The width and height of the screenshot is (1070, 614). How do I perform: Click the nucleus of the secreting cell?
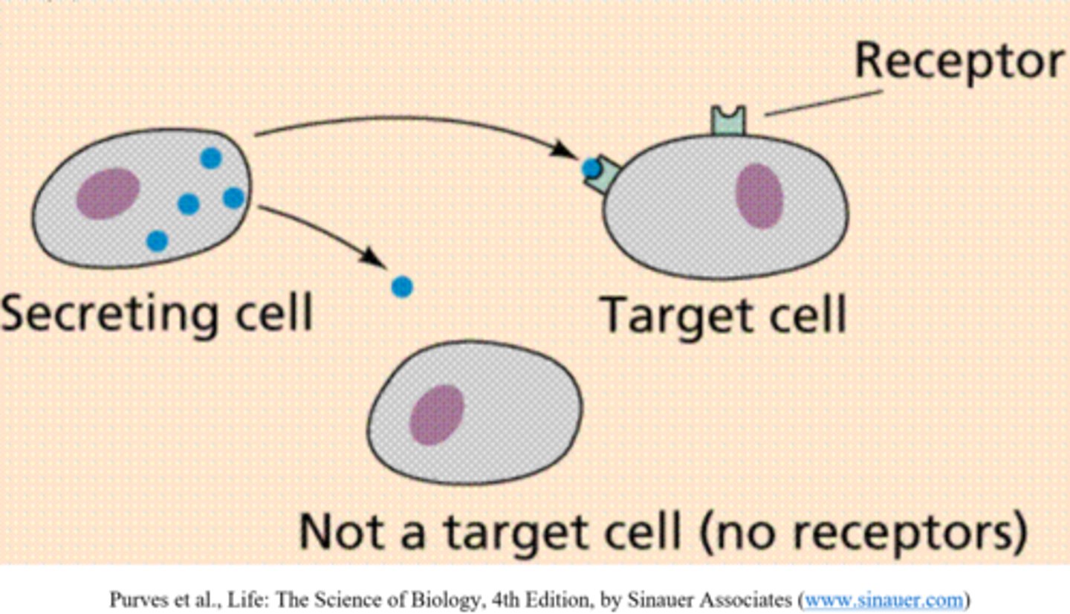click(x=108, y=193)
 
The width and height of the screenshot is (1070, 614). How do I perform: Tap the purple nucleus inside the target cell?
click(x=759, y=195)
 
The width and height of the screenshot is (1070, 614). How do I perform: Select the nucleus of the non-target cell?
click(x=437, y=415)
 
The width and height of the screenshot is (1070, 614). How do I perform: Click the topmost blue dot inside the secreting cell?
click(x=211, y=158)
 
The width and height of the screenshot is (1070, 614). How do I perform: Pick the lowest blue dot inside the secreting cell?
click(x=157, y=241)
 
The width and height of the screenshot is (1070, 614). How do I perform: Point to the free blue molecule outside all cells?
click(x=401, y=287)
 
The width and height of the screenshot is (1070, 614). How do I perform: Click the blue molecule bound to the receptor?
click(x=591, y=169)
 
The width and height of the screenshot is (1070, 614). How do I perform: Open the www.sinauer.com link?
click(x=883, y=599)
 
